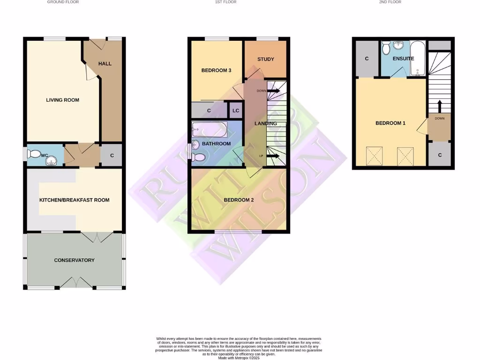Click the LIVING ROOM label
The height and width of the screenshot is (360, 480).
62,100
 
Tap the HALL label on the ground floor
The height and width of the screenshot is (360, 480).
105,64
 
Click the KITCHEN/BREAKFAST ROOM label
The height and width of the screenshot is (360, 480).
74,200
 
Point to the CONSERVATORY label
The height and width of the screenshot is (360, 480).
74,260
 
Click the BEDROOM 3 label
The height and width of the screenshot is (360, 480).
216,71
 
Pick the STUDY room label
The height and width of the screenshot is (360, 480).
265,59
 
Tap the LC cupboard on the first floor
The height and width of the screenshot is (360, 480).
235,111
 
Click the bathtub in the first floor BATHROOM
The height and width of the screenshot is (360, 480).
210,129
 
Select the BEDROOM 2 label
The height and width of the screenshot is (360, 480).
239,200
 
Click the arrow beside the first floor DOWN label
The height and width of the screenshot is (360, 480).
274,90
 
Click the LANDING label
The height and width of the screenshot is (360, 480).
265,124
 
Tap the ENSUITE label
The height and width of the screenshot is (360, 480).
403,59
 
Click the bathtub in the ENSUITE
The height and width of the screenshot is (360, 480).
417,59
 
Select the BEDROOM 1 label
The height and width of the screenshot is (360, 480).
390,123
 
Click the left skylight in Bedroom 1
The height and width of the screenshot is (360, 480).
374,155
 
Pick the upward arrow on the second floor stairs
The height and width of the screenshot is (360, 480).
439,105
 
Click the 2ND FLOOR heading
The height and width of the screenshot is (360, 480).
390,2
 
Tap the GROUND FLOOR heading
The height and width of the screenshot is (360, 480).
63,2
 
